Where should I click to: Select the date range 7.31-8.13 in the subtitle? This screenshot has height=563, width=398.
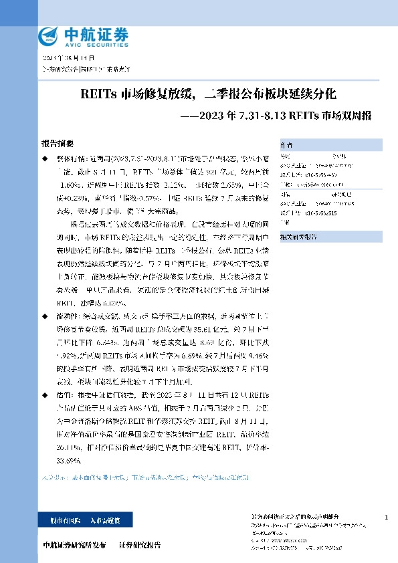pos(261,116)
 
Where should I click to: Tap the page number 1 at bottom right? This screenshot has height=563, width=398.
pos(387,518)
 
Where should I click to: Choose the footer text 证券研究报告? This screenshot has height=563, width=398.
pos(140,546)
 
